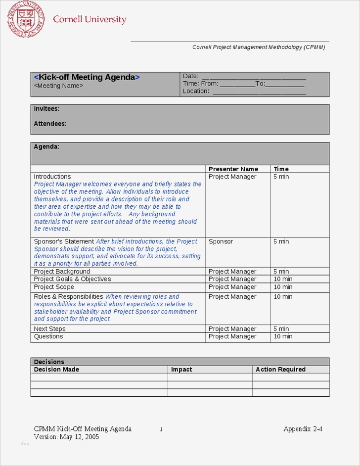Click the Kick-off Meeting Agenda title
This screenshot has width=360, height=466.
pos(87,77)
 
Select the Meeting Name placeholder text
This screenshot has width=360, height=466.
pos(58,86)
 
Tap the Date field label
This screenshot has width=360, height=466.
pos(190,76)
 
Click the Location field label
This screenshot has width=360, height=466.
pos(196,91)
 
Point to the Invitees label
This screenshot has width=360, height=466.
pos(46,109)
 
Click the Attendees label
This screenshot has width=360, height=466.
pos(50,124)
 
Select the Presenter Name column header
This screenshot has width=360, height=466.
pos(233,169)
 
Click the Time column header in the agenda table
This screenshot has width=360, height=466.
pos(281,169)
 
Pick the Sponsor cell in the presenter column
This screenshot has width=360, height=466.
pos(221,241)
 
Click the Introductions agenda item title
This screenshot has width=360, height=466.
pos(52,177)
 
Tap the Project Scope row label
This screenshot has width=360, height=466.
pos(54,287)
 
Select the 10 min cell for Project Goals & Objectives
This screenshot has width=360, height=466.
pos(283,279)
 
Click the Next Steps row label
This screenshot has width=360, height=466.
pos(49,329)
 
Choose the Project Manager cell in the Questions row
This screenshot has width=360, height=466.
pos(232,336)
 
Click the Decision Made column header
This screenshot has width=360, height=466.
pos(56,370)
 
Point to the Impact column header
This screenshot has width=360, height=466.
pos(181,370)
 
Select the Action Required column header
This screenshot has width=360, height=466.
pos(280,370)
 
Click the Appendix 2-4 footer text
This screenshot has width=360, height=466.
pos(303,429)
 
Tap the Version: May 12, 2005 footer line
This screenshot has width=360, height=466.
pos(66,437)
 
